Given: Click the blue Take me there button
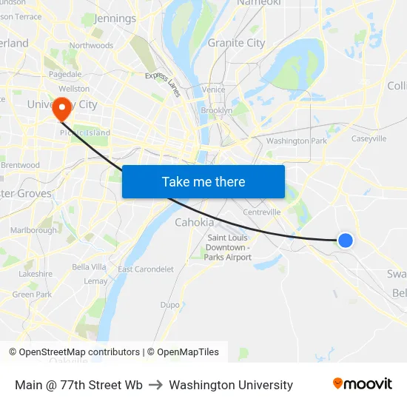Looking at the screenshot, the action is pyautogui.click(x=203, y=181).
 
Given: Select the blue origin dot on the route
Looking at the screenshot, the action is pyautogui.click(x=345, y=240).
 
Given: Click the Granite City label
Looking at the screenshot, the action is pyautogui.click(x=236, y=43).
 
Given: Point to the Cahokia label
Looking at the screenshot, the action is pyautogui.click(x=195, y=222).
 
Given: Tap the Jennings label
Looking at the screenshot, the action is pyautogui.click(x=115, y=18).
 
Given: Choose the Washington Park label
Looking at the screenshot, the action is pyautogui.click(x=296, y=141).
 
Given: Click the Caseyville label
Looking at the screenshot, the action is pyautogui.click(x=369, y=138).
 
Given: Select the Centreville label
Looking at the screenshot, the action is pyautogui.click(x=262, y=212).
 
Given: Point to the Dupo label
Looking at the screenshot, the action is pyautogui.click(x=170, y=304).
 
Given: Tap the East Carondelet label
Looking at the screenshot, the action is pyautogui.click(x=146, y=269).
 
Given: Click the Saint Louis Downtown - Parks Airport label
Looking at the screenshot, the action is pyautogui.click(x=229, y=247).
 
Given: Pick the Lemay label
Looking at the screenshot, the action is pyautogui.click(x=95, y=281).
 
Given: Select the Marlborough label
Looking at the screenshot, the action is pyautogui.click(x=33, y=230).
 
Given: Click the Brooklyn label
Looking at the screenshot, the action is pyautogui.click(x=217, y=110).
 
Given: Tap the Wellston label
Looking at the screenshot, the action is pyautogui.click(x=78, y=89).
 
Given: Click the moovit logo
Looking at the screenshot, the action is pyautogui.click(x=362, y=384).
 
